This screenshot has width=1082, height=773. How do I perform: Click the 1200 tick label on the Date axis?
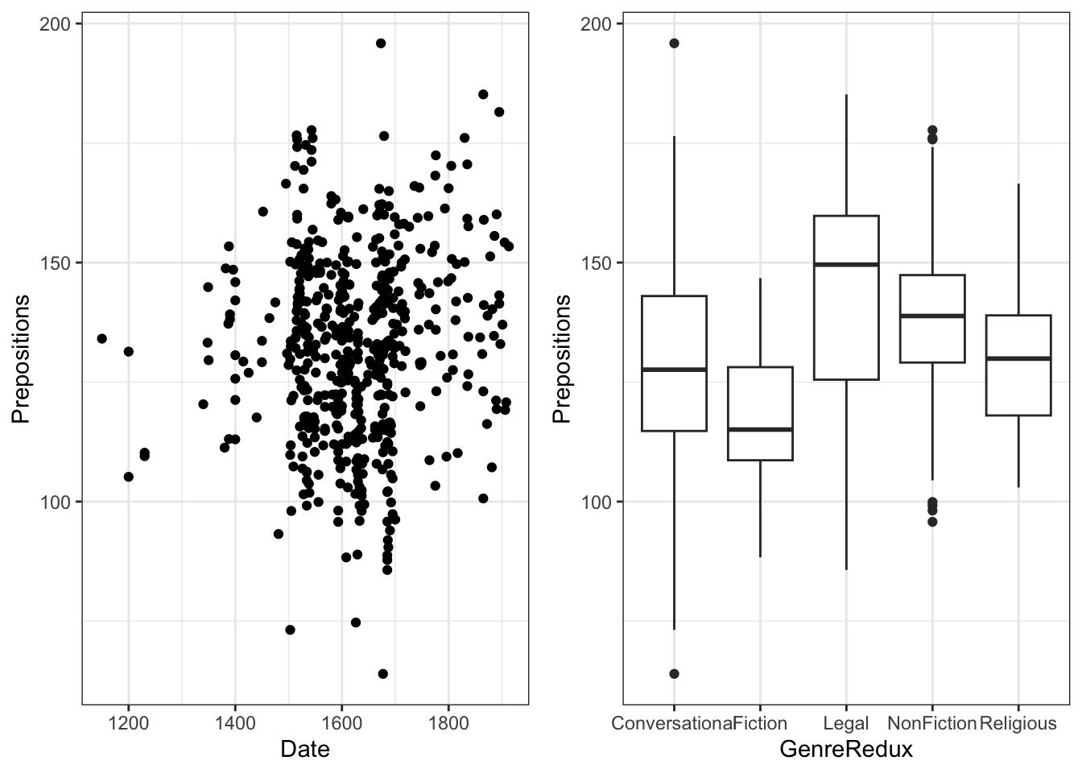pos(128,723)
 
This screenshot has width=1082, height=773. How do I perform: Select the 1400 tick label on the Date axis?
pos(235,723)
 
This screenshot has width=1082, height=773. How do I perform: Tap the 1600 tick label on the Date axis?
pos(341,723)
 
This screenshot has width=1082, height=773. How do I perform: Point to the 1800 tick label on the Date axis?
pos(448,723)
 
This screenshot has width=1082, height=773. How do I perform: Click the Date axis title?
pos(304,750)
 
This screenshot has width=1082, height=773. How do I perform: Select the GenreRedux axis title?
pos(846,750)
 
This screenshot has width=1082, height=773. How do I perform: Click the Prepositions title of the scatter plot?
pos(22,359)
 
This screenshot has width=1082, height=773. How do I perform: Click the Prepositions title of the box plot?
pos(563,359)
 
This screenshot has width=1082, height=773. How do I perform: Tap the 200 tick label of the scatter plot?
pos(56,24)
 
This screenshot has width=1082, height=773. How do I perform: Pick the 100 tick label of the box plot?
pos(597,502)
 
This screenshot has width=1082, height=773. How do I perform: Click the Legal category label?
pos(846,723)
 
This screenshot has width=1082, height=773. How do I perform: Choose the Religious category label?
pos(1018,723)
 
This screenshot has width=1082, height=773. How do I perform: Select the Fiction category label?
pos(760,723)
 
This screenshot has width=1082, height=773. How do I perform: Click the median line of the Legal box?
pos(846,264)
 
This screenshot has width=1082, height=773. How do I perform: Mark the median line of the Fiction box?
pos(760,429)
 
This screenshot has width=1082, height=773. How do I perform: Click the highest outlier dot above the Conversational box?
pos(674,43)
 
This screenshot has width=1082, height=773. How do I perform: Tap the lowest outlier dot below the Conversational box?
pos(674,674)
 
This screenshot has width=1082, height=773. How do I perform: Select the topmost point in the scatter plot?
pos(381,43)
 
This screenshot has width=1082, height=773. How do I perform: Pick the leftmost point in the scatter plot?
pos(101,338)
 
